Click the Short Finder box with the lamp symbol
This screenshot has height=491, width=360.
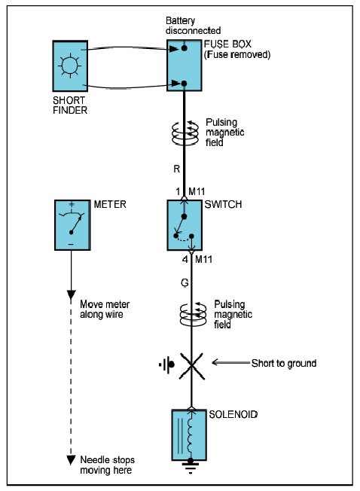pyautogui.click(x=70, y=66)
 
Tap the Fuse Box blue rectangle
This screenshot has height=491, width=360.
pyautogui.click(x=184, y=65)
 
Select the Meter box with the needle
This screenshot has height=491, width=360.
pyautogui.click(x=72, y=225)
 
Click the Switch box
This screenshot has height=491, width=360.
pyautogui.click(x=185, y=225)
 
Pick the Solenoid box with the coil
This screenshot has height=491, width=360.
pyautogui.click(x=189, y=435)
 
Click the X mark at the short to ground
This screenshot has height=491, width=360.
pyautogui.click(x=191, y=366)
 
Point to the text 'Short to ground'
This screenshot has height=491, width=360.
pyautogui.click(x=284, y=363)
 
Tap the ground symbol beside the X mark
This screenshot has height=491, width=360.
pyautogui.click(x=167, y=364)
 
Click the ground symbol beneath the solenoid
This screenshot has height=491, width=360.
pyautogui.click(x=191, y=467)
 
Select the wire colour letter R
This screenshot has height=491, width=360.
pyautogui.click(x=177, y=169)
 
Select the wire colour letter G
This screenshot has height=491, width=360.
pyautogui.click(x=185, y=282)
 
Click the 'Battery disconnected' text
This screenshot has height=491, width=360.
pyautogui.click(x=193, y=26)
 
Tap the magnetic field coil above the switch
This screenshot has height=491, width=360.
pyautogui.click(x=185, y=133)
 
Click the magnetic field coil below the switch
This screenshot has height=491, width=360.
pyautogui.click(x=193, y=314)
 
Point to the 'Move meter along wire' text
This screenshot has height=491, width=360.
pyautogui.click(x=105, y=309)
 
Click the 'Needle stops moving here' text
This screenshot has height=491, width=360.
pyautogui.click(x=107, y=465)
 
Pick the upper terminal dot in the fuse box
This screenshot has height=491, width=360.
pyautogui.click(x=185, y=48)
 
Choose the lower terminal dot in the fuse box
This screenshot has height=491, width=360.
pyautogui.click(x=184, y=84)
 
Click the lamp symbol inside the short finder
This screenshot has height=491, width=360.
pyautogui.click(x=70, y=66)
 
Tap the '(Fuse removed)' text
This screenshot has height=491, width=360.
pyautogui.click(x=237, y=54)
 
